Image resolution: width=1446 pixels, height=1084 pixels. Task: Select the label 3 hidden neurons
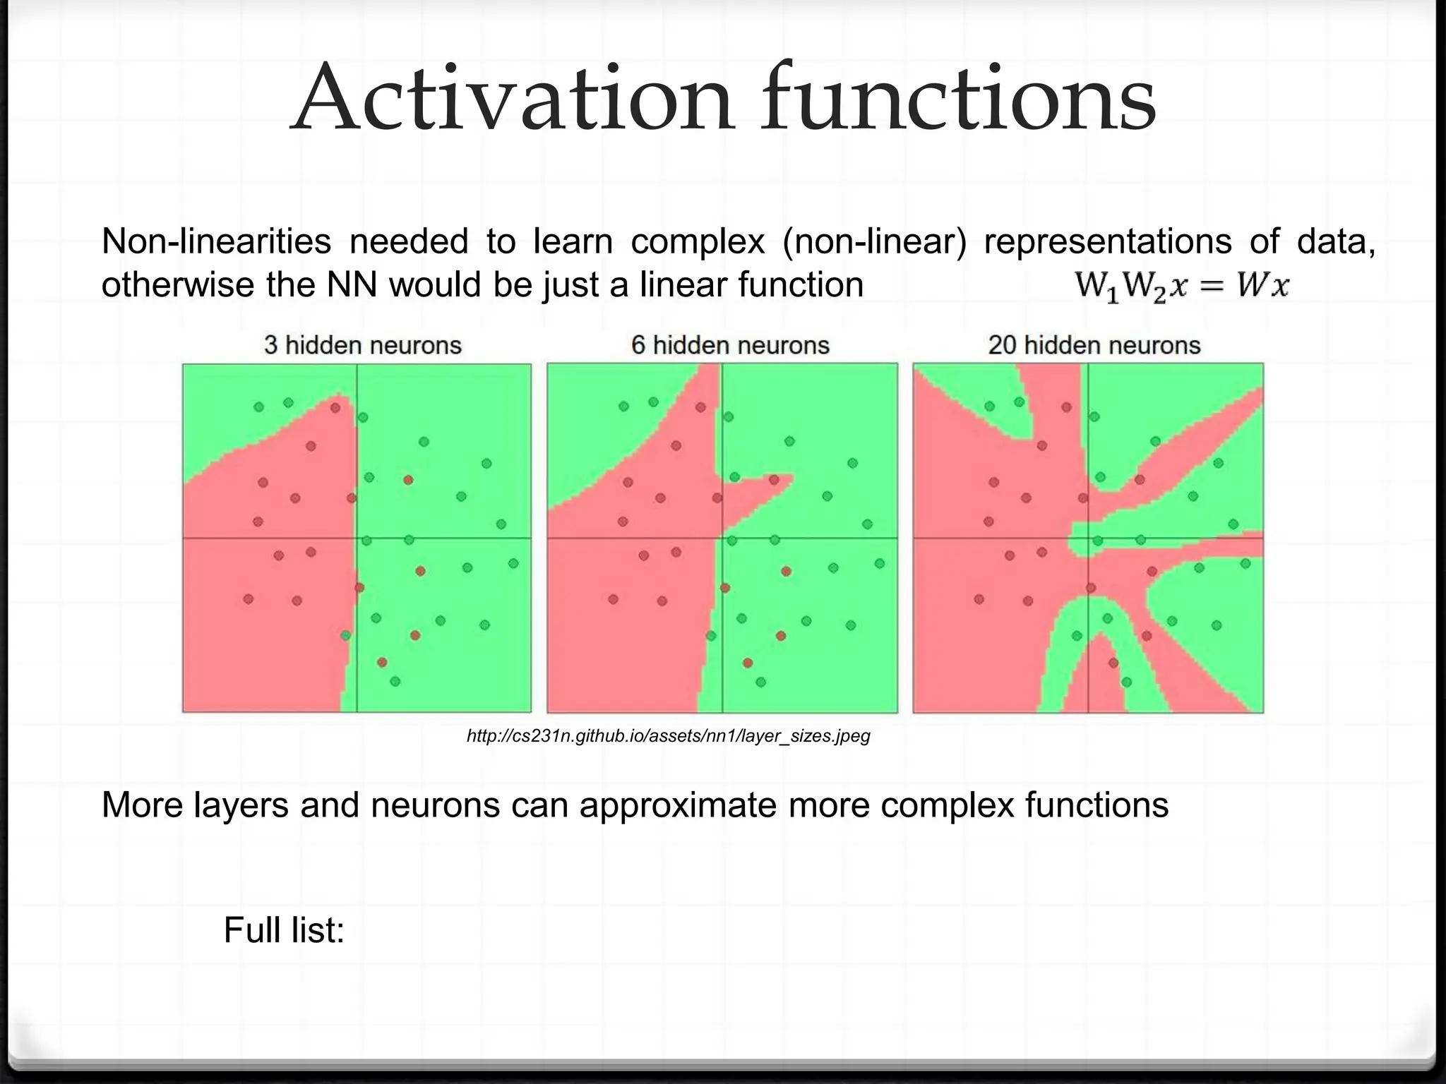point(362,345)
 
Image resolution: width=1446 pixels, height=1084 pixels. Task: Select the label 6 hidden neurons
point(730,345)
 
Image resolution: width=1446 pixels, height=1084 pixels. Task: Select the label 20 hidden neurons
point(1094,345)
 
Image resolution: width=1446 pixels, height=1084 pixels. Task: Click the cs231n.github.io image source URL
point(668,737)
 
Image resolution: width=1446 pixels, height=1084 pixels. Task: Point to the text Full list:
point(284,929)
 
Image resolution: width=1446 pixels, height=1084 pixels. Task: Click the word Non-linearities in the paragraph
point(216,241)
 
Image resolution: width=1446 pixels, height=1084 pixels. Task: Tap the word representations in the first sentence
point(1107,241)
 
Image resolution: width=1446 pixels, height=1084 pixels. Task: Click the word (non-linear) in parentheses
point(874,241)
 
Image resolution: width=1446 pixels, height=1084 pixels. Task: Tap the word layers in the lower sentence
point(241,805)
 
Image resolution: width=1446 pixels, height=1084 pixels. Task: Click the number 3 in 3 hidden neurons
point(270,345)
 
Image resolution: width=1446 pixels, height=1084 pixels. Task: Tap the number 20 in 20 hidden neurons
point(1002,345)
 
